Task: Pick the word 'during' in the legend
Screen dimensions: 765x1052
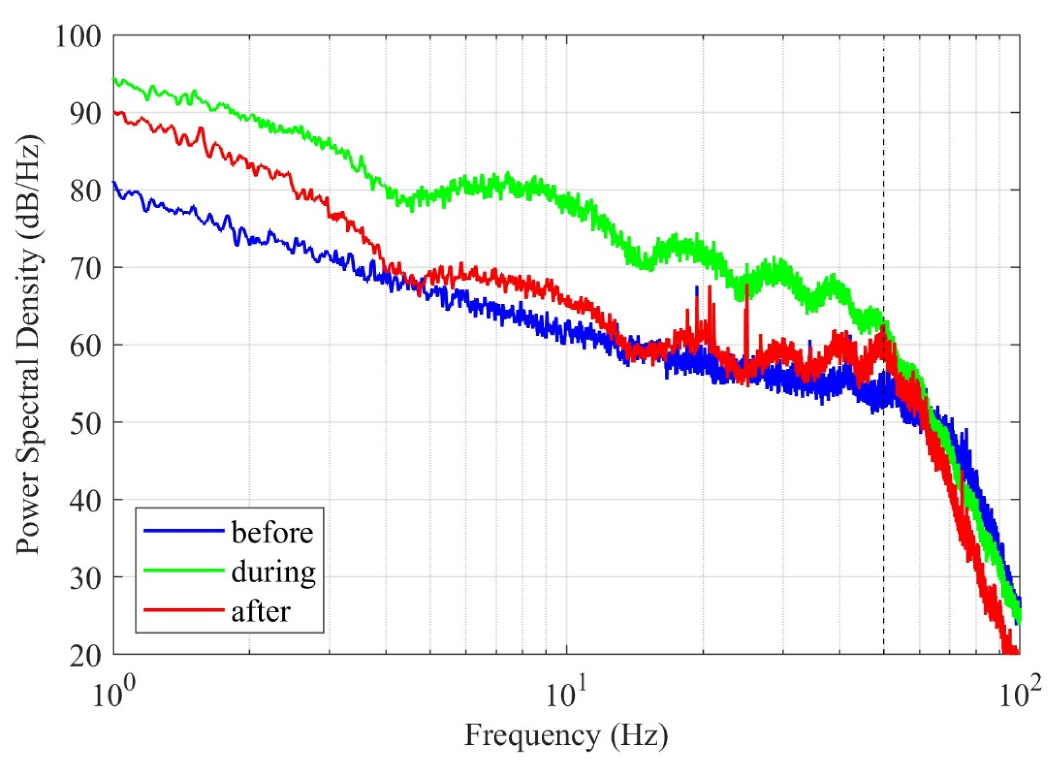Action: point(274,572)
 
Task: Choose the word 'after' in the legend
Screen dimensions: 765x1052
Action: point(261,611)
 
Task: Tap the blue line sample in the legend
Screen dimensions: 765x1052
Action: point(182,530)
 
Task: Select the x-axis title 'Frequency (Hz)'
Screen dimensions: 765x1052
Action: point(566,736)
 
